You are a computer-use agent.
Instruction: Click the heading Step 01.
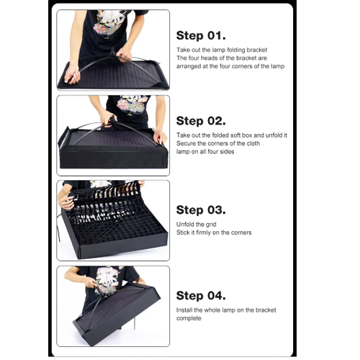(x=201, y=35)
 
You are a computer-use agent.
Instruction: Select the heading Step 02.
(x=201, y=121)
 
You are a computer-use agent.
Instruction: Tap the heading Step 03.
(x=201, y=210)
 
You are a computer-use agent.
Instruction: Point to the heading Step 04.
(x=201, y=295)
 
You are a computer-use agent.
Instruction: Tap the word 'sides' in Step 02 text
(x=227, y=152)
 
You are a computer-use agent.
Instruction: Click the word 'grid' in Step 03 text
(x=210, y=225)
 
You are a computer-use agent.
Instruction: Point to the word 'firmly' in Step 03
(x=204, y=233)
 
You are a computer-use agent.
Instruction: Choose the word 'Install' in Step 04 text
(x=184, y=310)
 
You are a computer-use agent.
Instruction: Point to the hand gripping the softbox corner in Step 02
(x=160, y=137)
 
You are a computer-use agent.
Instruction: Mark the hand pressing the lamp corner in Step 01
(x=71, y=74)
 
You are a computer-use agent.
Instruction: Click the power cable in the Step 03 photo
(x=58, y=227)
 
